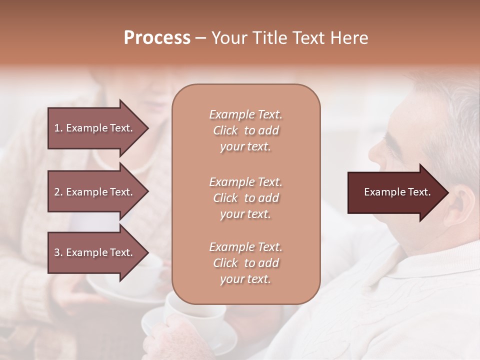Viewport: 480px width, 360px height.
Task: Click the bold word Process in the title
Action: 157,38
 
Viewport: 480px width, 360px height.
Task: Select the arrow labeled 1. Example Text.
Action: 94,128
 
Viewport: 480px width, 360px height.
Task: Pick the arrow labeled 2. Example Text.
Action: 94,192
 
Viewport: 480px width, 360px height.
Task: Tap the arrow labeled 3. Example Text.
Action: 94,252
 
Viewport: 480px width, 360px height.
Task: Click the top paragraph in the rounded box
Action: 245,130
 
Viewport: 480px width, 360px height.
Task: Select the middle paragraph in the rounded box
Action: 245,198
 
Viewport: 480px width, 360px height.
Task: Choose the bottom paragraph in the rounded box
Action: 245,263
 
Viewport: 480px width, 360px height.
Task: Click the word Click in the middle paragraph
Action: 225,198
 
